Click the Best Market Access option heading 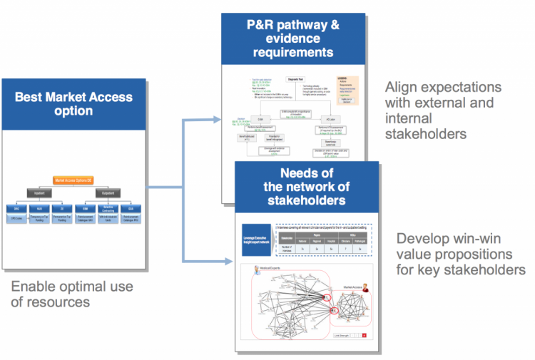click(73, 103)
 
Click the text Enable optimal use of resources click(73, 294)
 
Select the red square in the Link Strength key click(364, 335)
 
